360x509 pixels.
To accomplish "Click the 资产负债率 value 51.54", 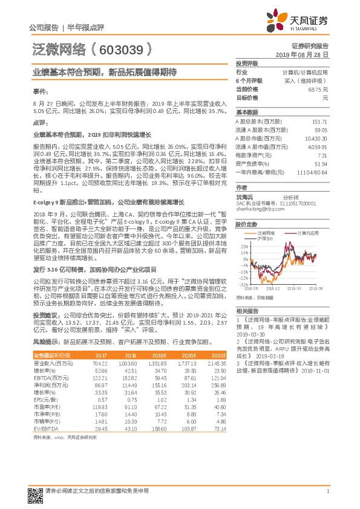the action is [x=321, y=163].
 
